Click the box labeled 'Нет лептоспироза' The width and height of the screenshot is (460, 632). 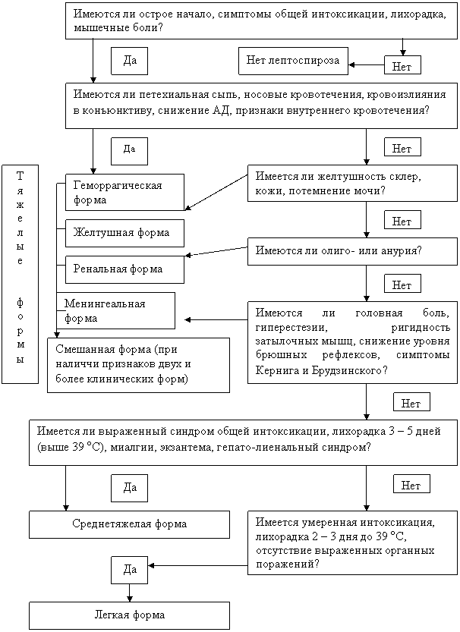tap(293, 59)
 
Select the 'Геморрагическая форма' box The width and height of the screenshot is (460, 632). tap(124, 193)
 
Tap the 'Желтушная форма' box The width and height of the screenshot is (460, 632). tap(124, 232)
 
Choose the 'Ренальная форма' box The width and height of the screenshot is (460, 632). tap(124, 269)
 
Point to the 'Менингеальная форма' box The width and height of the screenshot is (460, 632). tap(116, 311)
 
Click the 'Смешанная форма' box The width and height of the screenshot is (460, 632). tap(137, 364)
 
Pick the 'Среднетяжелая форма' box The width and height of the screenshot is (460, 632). tap(129, 524)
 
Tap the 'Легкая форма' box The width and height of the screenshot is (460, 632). tap(129, 615)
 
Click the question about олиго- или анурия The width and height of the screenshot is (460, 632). tap(352, 251)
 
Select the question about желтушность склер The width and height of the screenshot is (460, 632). tap(352, 183)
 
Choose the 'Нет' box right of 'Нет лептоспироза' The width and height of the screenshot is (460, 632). tap(402, 67)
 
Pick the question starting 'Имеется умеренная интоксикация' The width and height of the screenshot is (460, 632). tap(352, 544)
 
